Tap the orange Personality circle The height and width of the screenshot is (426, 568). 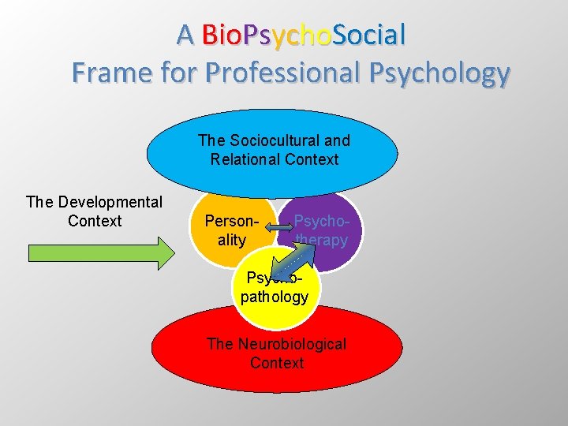pos(229,237)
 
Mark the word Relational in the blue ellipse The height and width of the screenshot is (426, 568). pos(245,159)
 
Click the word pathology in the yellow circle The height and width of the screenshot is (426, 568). pos(274,297)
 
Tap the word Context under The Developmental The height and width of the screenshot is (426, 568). pos(95,221)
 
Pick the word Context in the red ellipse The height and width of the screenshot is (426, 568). pos(276,363)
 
